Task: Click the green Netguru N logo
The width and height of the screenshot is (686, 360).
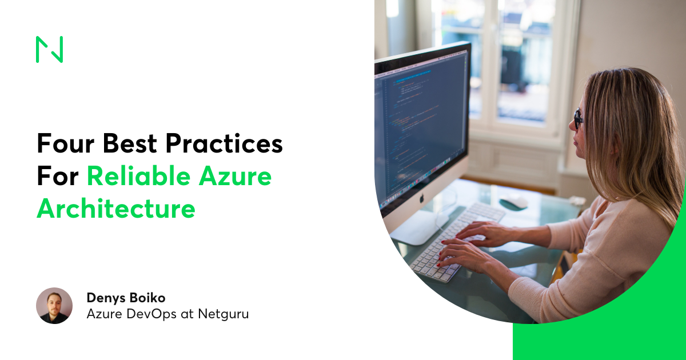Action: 49,50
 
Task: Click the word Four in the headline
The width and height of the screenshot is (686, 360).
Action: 64,144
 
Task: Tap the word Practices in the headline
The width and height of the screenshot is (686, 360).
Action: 229,144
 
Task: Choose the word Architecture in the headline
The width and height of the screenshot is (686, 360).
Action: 116,209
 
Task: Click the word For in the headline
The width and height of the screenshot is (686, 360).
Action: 57,177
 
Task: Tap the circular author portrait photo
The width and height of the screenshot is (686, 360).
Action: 54,306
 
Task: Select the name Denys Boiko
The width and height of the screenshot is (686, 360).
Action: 126,297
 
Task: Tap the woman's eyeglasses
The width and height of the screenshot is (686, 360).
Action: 579,119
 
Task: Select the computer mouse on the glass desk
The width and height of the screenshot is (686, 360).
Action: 513,201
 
